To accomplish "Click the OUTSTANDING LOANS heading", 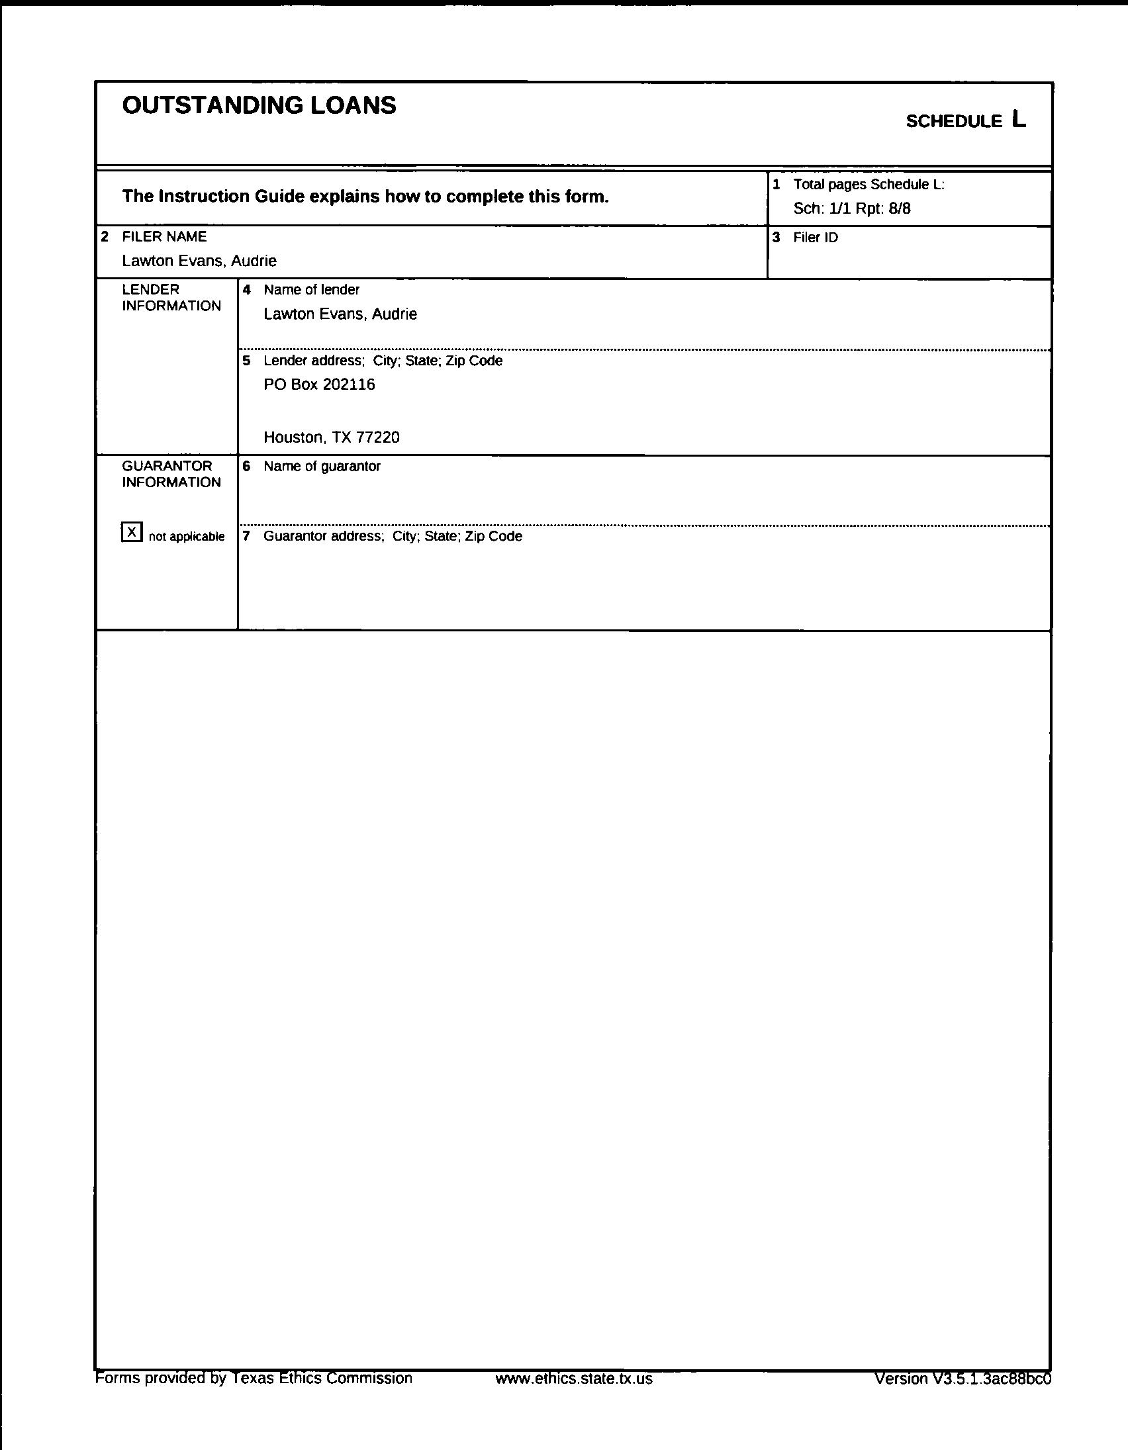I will click(259, 106).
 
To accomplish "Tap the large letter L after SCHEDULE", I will click(1019, 120).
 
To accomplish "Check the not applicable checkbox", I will click(132, 532).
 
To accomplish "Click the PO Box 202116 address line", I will click(319, 385).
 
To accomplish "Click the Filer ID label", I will click(816, 238).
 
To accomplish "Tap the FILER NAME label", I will click(164, 237).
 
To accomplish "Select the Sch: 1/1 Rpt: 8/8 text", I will click(852, 208).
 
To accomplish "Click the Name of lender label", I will click(311, 290).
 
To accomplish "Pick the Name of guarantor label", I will click(322, 467).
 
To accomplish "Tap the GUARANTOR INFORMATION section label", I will click(171, 474).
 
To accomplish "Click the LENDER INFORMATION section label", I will click(171, 297).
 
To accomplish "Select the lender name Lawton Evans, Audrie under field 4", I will click(340, 314).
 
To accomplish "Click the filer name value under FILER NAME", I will click(199, 261).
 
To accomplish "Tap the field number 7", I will click(246, 536).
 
